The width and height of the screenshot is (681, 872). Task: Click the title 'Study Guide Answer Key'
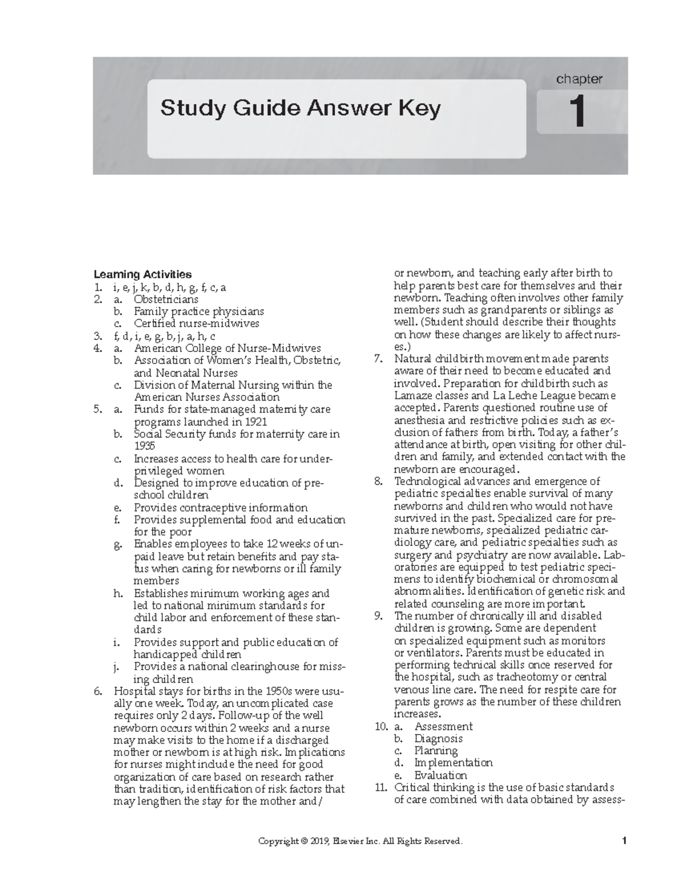[300, 108]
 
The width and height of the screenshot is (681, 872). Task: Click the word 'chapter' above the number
[579, 79]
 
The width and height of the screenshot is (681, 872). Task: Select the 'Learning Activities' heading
[142, 275]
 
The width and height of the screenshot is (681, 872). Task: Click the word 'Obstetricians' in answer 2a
[166, 299]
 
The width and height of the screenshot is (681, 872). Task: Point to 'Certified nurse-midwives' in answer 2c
[196, 324]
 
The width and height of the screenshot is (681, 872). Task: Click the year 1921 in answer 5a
[255, 422]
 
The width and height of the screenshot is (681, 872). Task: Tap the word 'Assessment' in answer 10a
[443, 727]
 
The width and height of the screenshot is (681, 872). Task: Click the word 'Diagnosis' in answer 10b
[438, 739]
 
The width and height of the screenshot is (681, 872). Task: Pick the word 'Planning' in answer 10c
[436, 751]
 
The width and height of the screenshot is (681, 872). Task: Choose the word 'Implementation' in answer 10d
[453, 763]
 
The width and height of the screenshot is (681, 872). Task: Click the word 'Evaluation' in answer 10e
[440, 775]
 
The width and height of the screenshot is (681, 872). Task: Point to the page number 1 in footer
[623, 841]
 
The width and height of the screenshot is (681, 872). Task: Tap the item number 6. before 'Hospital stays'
[99, 691]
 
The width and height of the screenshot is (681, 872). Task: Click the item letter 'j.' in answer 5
[117, 667]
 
